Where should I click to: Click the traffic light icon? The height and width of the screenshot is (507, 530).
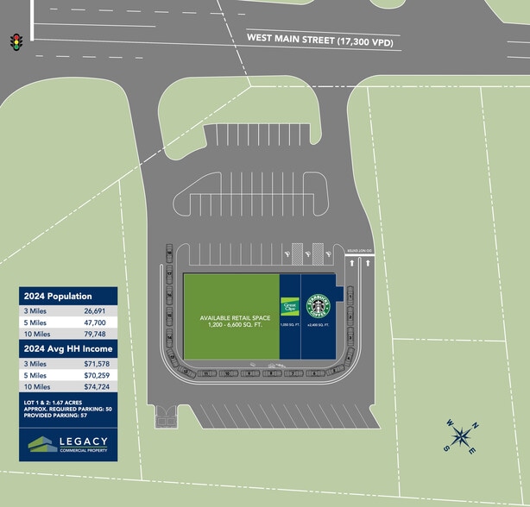tap(15, 41)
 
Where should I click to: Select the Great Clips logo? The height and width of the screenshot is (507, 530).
tap(289, 304)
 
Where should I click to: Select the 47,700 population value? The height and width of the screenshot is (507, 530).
tap(95, 322)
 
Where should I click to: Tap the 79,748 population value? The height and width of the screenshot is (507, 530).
tap(95, 334)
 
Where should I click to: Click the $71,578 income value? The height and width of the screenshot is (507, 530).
tap(97, 364)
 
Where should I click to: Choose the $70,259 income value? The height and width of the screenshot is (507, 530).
tap(97, 376)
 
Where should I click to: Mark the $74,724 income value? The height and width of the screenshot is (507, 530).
tap(97, 389)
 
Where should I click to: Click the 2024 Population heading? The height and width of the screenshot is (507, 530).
tap(57, 296)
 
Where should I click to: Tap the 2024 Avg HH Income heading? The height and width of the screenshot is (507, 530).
tap(68, 348)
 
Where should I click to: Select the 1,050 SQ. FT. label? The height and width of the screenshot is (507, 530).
tap(288, 325)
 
